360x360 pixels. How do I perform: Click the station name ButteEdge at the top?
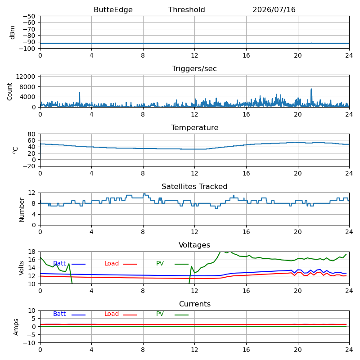(x=113, y=9)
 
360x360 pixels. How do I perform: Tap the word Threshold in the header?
(x=186, y=9)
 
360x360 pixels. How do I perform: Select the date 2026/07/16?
(x=274, y=9)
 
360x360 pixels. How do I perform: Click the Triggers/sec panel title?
(x=194, y=69)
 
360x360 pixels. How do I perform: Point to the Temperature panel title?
(x=194, y=127)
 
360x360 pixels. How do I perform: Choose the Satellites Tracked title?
(x=194, y=186)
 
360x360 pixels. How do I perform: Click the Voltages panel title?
(x=194, y=245)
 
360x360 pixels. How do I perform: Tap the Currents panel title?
(x=195, y=304)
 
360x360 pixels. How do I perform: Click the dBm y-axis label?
(x=13, y=32)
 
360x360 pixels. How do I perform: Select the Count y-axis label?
(x=9, y=92)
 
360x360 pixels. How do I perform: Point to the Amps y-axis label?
(x=16, y=327)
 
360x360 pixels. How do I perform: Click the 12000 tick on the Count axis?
(x=26, y=76)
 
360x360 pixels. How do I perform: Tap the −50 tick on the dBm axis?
(x=29, y=16)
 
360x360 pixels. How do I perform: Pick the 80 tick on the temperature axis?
(x=31, y=134)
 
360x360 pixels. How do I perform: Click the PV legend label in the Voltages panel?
(x=160, y=263)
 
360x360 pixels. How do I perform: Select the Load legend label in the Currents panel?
(x=111, y=314)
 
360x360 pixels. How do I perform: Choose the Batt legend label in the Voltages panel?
(x=59, y=263)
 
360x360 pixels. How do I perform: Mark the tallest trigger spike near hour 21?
(x=311, y=89)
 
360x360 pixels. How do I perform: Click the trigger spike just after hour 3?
(x=80, y=93)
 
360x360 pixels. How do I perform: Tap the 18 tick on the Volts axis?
(x=32, y=252)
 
